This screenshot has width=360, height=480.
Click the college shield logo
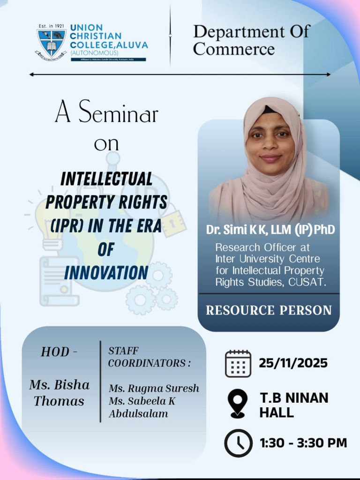click(x=51, y=43)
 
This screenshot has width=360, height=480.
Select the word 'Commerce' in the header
click(x=233, y=49)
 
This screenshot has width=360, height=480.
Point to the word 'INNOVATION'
click(x=106, y=272)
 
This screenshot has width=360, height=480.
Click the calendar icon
click(x=238, y=363)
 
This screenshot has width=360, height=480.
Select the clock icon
click(x=238, y=443)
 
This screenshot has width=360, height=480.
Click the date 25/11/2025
click(x=293, y=363)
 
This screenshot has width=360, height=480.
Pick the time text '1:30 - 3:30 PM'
click(x=303, y=442)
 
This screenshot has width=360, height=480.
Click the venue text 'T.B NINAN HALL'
click(x=294, y=405)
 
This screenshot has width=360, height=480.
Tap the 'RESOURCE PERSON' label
click(x=269, y=310)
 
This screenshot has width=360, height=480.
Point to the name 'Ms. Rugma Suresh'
click(x=154, y=389)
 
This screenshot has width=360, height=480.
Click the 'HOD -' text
click(x=59, y=352)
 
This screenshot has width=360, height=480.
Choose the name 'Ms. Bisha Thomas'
click(x=59, y=393)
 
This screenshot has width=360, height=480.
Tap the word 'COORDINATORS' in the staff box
click(x=149, y=363)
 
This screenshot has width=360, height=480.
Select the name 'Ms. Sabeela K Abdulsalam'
click(x=142, y=407)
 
